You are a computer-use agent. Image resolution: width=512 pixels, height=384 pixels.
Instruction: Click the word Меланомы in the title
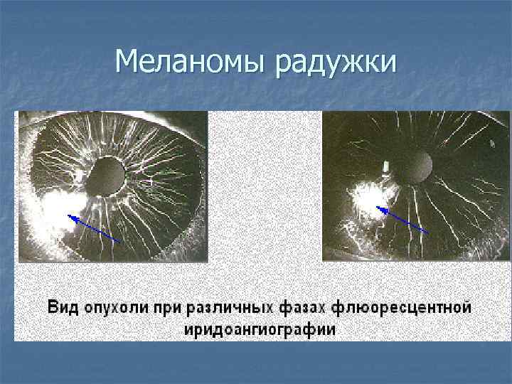pyautogui.click(x=191, y=63)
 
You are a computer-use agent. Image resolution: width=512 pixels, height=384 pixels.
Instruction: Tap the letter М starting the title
pyautogui.click(x=127, y=63)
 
